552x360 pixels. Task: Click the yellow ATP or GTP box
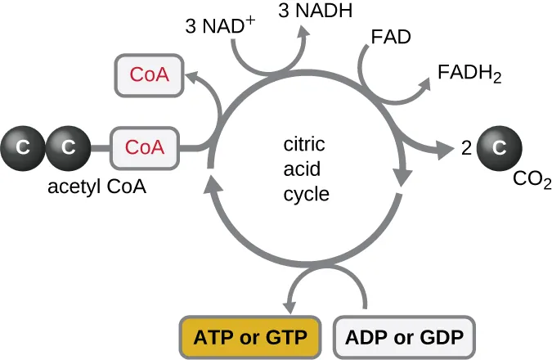click(249, 336)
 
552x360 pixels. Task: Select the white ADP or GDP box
click(404, 336)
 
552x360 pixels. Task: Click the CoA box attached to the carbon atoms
click(144, 147)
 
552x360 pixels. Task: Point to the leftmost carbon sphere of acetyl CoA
click(25, 147)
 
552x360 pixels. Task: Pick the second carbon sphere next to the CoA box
click(68, 147)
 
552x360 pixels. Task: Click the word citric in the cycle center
click(304, 145)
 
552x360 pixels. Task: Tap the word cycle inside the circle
click(306, 194)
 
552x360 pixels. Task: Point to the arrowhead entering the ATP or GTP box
click(293, 304)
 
